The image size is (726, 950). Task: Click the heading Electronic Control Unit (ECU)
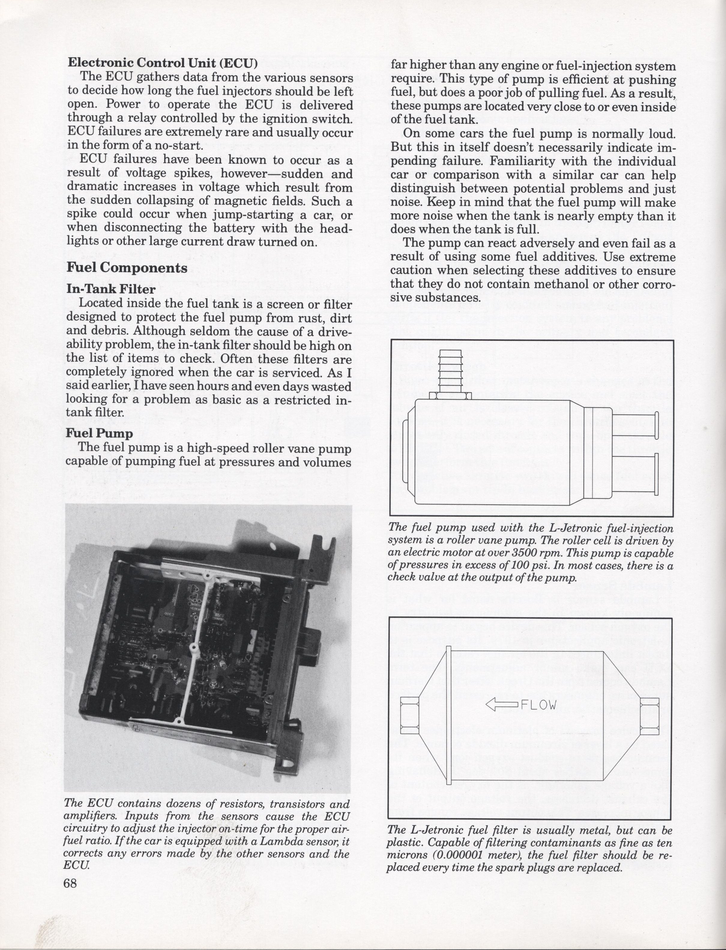(162, 63)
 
